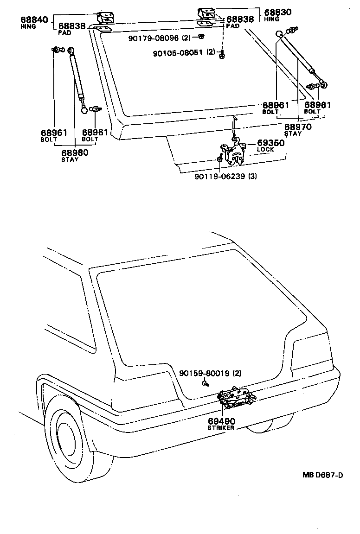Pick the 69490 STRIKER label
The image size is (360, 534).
[x=221, y=421]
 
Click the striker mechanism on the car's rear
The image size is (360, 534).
[x=236, y=399]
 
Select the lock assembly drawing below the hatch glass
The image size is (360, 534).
[x=234, y=153]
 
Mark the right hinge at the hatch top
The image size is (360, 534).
[x=206, y=15]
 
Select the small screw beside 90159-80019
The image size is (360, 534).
[x=205, y=383]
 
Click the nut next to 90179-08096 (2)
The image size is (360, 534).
[x=200, y=37]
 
